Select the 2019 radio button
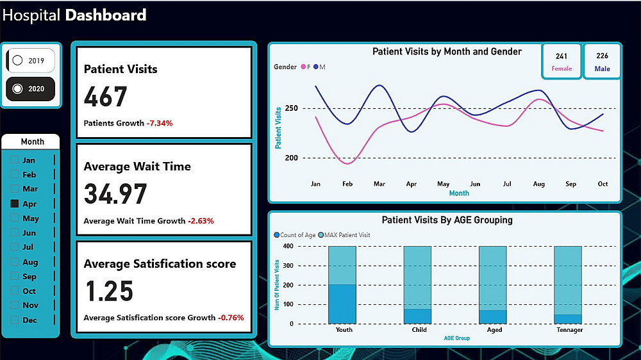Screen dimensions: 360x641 pos(18,60)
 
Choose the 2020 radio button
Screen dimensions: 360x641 pos(18,89)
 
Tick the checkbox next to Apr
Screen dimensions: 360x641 pos(15,204)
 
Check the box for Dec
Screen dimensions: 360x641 pos(15,320)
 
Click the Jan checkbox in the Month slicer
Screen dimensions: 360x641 pos(15,160)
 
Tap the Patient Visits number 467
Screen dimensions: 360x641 pos(106,97)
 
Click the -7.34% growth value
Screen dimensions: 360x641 pos(160,123)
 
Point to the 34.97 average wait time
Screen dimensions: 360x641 pos(115,194)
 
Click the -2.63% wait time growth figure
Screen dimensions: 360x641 pos(201,221)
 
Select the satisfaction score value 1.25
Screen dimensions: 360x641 pos(109,291)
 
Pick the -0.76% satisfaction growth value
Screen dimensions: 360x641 pos(231,318)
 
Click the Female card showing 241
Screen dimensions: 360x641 pos(562,61)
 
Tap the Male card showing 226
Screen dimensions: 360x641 pos(602,61)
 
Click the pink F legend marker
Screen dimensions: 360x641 pos(303,67)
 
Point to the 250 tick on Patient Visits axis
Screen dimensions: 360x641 pos(292,108)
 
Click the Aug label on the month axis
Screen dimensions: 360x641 pos(538,184)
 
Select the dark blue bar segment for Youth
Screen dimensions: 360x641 pos(342,304)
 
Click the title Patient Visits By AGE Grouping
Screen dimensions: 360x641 pos(447,220)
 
